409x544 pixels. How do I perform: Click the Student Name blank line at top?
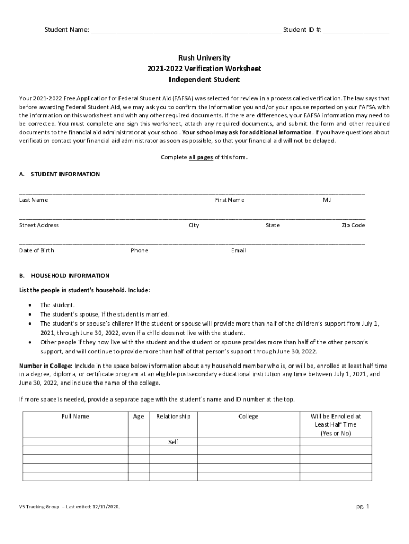pos(186,31)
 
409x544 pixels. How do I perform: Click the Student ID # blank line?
pos(356,31)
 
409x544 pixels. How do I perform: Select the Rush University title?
pos(204,57)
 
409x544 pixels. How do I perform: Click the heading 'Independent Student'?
pos(204,80)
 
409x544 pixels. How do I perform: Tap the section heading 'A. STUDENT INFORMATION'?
pos(59,174)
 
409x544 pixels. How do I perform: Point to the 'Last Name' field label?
pos(33,200)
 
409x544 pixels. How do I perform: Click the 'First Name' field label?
pos(229,200)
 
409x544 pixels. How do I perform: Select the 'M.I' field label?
pos(327,200)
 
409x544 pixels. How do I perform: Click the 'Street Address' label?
pos(39,225)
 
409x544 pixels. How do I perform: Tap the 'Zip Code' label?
pos(353,225)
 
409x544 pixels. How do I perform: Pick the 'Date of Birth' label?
pos(37,250)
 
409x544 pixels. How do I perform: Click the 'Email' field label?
pos(238,250)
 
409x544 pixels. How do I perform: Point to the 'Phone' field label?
pos(139,250)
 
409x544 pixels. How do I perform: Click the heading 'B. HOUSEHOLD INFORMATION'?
pos(64,276)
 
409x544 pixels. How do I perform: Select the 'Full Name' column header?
pos(75,416)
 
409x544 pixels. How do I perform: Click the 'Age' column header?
pos(139,416)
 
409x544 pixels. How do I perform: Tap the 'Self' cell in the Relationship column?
pos(173,442)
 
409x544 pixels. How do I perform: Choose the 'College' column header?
pos(248,416)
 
